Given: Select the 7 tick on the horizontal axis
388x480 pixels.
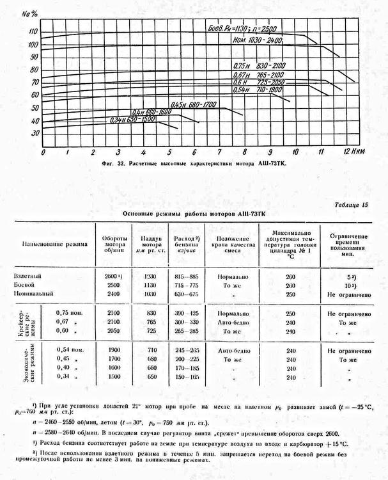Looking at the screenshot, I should tap(219, 153).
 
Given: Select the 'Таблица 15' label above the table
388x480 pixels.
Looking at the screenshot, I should tap(352, 205).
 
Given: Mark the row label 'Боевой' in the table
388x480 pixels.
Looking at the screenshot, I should tap(29, 284).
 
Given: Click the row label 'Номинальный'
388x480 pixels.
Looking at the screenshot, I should tap(36, 293).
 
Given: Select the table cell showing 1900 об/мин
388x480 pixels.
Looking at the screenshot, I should tap(113, 351).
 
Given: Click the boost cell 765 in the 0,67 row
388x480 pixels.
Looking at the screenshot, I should tap(151, 323).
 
